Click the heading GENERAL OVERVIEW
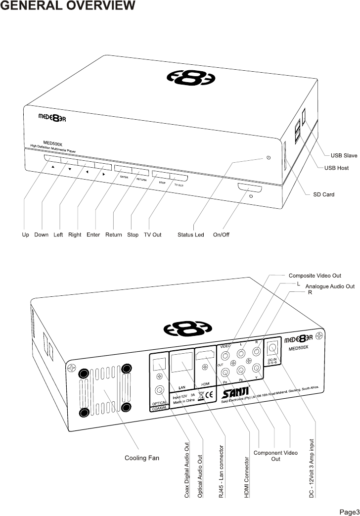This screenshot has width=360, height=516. [x=68, y=6]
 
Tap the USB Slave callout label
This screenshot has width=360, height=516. [x=344, y=156]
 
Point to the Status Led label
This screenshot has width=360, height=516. [x=190, y=235]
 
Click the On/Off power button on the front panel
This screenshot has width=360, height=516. [x=250, y=188]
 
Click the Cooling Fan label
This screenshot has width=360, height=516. [x=141, y=458]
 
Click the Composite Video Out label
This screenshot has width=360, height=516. [x=315, y=276]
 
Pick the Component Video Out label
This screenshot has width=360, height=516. [x=275, y=456]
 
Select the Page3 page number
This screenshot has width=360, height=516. [x=348, y=511]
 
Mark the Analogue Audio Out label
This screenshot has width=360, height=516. [x=330, y=286]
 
